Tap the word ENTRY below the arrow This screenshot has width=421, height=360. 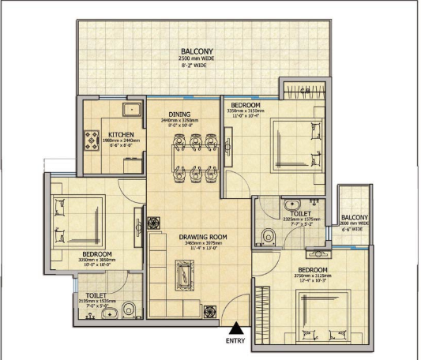[x=235, y=341]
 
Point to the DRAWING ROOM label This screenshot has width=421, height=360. [x=203, y=236]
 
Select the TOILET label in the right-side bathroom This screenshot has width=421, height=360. [x=299, y=214]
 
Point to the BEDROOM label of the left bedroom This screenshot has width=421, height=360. [x=96, y=254]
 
